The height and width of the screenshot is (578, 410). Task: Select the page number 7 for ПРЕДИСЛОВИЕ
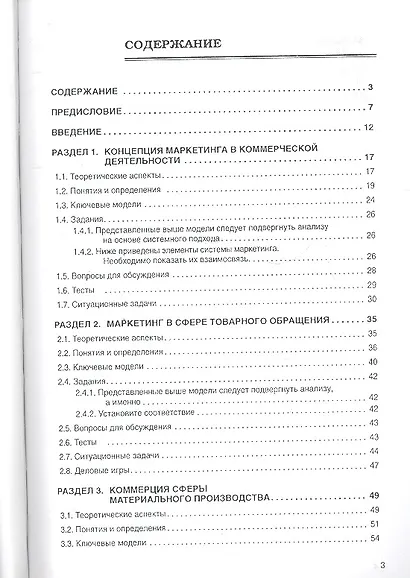click(369, 106)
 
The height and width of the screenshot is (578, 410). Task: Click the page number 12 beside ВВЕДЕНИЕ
click(367, 127)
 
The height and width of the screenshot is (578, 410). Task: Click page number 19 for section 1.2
click(369, 184)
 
